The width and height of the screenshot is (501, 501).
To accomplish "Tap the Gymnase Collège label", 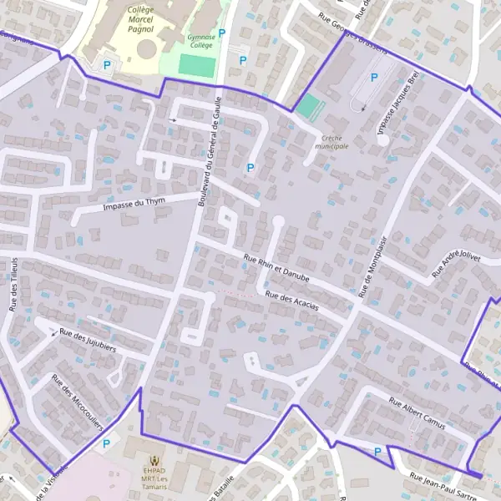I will pos(200,42).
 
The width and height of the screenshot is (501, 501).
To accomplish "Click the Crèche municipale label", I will pos(331,141).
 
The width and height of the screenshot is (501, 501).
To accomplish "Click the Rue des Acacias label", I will pos(291,301).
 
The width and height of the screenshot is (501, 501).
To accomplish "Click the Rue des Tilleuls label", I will pos(14,284).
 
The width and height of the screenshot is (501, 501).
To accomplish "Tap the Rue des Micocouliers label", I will pos(77,401).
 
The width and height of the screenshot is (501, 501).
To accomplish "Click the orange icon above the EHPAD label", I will pos(154,460).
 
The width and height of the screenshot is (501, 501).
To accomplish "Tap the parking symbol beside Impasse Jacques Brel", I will pos(374,78).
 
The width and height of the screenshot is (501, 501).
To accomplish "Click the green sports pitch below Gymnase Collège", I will pos(198,66).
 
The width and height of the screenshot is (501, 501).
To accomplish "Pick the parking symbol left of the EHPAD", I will pos(105,444).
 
